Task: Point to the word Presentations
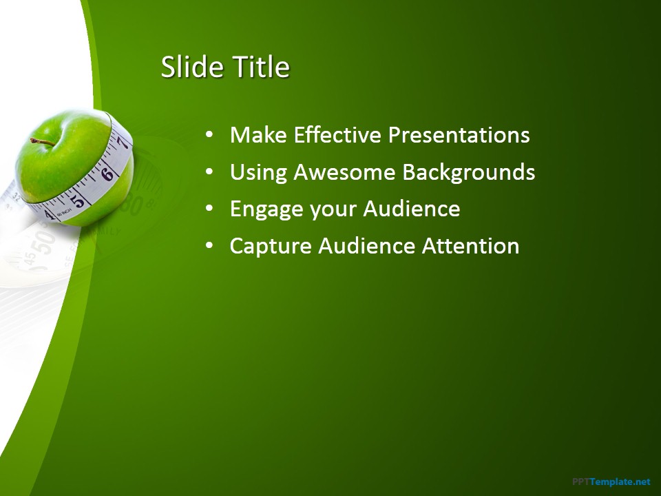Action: coord(459,134)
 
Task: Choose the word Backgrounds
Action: coord(469,172)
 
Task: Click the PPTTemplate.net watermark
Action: coord(611,482)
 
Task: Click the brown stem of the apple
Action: coord(43,141)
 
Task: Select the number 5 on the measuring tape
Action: coord(80,200)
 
